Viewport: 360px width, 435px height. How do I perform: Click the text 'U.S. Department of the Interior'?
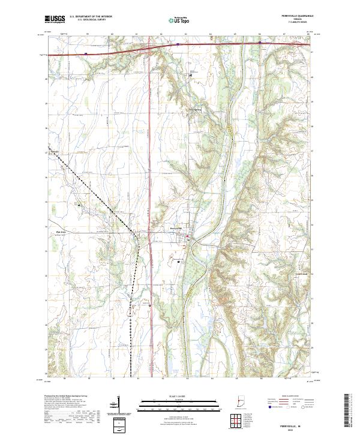[x=90, y=17]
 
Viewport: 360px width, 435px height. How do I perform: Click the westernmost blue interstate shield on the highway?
[x=86, y=53]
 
